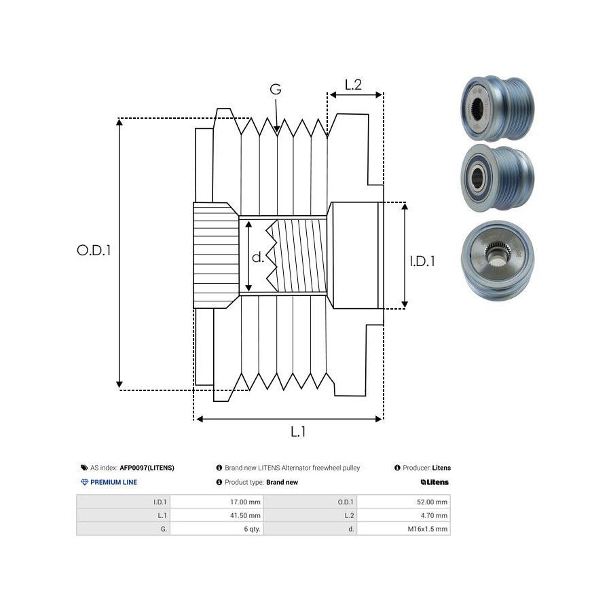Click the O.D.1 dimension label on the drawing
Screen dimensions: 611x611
[x=94, y=250]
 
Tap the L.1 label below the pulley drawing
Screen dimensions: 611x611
[x=297, y=431]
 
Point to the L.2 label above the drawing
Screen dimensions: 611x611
[x=353, y=85]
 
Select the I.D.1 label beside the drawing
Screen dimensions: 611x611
[x=422, y=261]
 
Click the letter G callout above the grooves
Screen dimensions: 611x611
[x=275, y=90]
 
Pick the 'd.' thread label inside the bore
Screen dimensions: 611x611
[x=258, y=257]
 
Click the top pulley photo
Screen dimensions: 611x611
[x=497, y=109]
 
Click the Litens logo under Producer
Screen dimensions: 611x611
[x=434, y=483]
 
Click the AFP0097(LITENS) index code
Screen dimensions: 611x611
[x=147, y=468]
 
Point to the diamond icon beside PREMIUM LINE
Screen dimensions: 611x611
[x=85, y=483]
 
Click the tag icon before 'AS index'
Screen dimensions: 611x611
[x=84, y=468]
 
